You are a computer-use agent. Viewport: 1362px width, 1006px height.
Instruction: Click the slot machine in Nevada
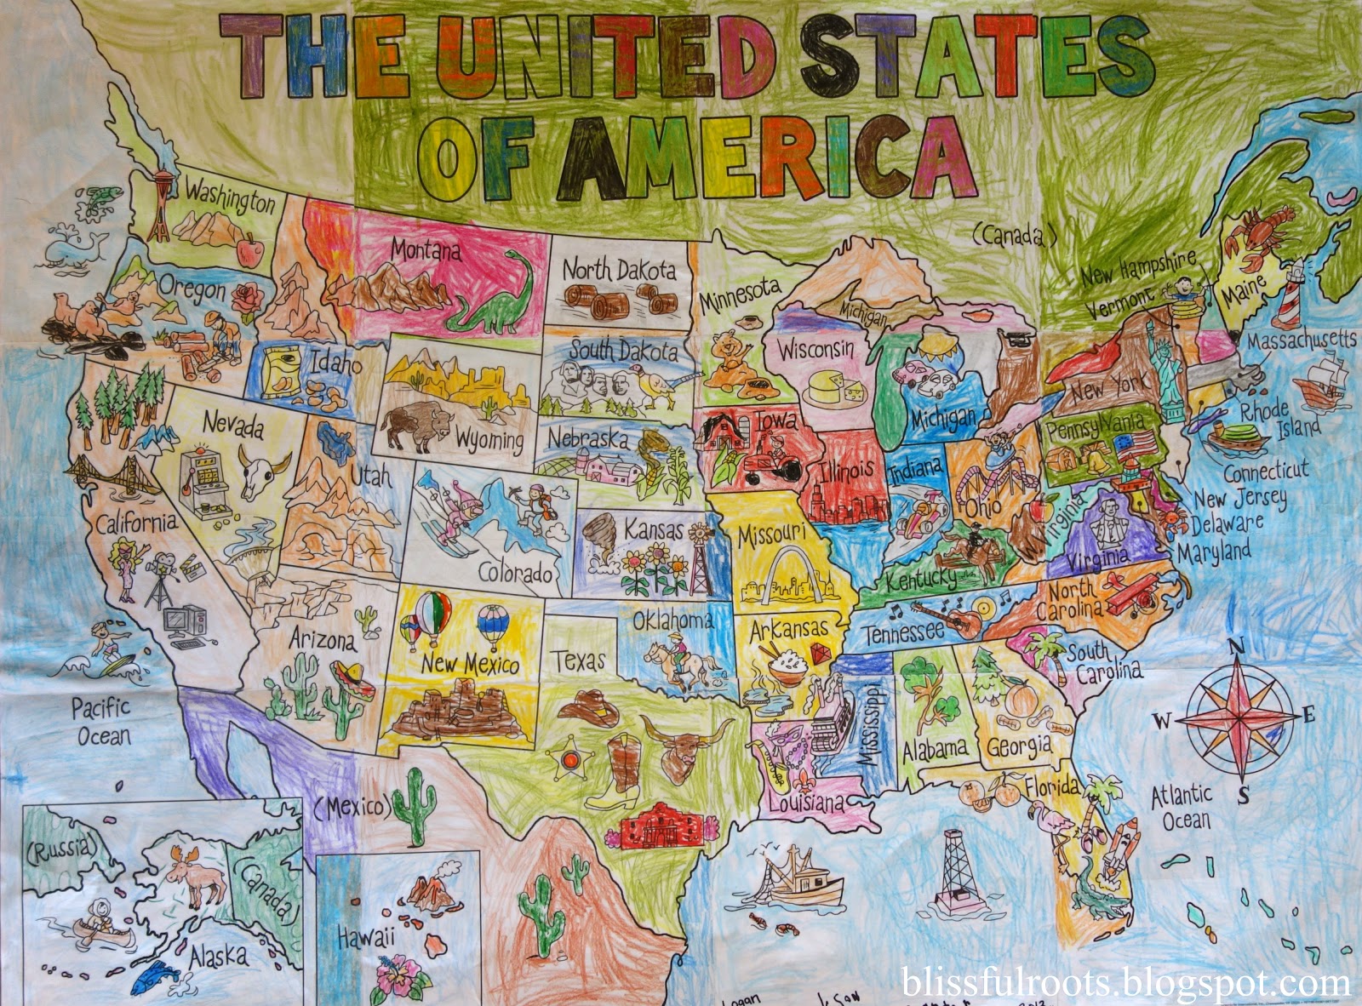pyautogui.click(x=201, y=483)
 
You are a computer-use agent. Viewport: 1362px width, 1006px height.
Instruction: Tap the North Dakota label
pyautogui.click(x=619, y=270)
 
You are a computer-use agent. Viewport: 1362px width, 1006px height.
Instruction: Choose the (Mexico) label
pyautogui.click(x=351, y=804)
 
